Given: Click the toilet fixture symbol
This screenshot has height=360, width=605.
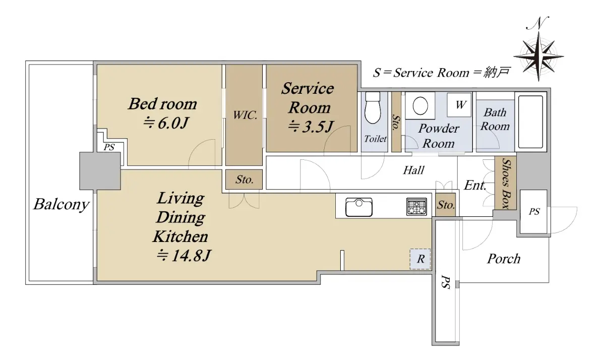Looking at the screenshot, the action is tap(373, 108).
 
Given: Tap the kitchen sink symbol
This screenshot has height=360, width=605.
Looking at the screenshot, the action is tap(359, 207).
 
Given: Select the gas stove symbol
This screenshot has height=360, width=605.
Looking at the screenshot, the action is tap(417, 207).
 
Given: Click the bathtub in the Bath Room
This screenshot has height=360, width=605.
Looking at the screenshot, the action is tap(531, 122).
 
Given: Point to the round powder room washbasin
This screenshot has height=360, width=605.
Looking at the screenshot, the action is tap(420, 105).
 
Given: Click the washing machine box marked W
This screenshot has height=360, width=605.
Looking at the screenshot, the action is tap(459, 105).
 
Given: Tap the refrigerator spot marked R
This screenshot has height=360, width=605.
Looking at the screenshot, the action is tap(420, 259).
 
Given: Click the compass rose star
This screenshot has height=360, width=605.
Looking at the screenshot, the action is tap(538, 56).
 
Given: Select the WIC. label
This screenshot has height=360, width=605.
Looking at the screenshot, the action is tap(245, 115).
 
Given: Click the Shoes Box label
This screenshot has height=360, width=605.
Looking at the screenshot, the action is tap(506, 184).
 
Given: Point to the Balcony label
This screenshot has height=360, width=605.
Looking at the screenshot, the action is tap(62, 204).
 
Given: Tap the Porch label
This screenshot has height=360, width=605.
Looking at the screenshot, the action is tap(504, 259).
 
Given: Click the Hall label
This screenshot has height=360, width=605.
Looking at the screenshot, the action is tap(413, 170).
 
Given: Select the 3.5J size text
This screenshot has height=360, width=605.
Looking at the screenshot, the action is tap(311, 126).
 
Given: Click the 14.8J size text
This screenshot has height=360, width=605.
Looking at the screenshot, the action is tap(184, 255).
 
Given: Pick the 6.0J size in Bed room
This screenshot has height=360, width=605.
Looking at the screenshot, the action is tap(166, 123).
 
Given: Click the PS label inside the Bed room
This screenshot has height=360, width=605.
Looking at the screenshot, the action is tap(109, 147).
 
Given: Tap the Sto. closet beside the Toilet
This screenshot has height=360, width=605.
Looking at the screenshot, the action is tap(396, 122).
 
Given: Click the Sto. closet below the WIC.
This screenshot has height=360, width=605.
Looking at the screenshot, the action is tap(244, 179).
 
